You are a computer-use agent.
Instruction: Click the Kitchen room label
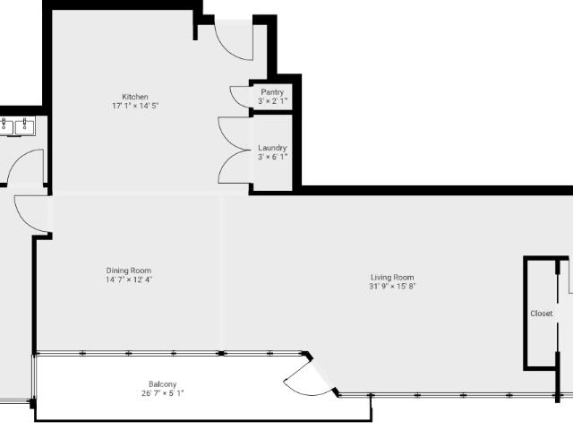coord(135,97)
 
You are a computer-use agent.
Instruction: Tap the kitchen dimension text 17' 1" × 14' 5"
coord(135,106)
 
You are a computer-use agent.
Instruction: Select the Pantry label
coord(272,92)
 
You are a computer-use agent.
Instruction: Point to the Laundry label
coord(272,148)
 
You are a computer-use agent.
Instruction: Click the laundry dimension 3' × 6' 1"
coord(272,157)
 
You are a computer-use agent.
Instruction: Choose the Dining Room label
coord(129,271)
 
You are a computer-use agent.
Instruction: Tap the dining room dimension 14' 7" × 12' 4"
coord(129,279)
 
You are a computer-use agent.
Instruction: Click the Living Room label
coord(392,277)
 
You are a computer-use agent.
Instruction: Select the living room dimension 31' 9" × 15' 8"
coord(392,287)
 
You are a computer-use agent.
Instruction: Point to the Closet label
coord(541,314)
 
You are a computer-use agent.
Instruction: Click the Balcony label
coord(163,384)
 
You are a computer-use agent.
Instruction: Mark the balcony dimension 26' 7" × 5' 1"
coord(163,393)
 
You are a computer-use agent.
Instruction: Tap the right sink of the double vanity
coord(25,126)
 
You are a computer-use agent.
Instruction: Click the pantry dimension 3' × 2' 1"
coord(272,101)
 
